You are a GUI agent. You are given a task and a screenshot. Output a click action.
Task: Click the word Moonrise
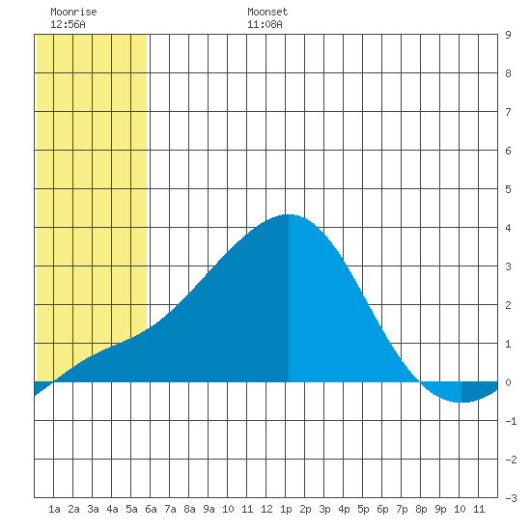pos(73,12)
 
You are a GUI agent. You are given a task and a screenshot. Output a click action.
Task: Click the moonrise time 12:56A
pos(68,24)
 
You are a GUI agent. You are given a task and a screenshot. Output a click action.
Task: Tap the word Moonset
pos(267,12)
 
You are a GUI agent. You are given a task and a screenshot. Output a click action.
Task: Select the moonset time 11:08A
pos(265,24)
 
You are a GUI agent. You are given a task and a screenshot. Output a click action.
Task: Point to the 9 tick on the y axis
pos(508,35)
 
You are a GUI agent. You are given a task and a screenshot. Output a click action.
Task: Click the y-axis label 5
pos(508,189)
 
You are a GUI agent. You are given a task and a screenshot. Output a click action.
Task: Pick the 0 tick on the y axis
pos(508,382)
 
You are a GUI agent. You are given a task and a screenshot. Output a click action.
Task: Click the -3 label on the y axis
pos(511,498)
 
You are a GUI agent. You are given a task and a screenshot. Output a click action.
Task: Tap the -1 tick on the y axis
pos(511,421)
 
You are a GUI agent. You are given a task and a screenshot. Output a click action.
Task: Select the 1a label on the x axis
pos(54,509)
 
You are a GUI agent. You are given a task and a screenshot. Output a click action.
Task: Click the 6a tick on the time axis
pos(151,509)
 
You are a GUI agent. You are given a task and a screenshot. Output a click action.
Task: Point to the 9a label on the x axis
pos(209,509)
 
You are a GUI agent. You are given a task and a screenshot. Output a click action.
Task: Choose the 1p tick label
pos(286,509)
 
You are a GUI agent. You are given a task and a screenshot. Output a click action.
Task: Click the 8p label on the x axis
pos(421,509)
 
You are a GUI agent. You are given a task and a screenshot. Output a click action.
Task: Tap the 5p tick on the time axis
pos(363,509)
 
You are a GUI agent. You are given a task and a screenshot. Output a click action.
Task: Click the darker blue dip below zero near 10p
pos(479,391)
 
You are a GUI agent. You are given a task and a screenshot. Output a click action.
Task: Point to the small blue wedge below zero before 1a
pos(42,386)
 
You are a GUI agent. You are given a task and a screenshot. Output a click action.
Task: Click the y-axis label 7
pos(508,112)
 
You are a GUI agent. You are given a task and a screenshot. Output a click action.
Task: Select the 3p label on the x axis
pos(324,509)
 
